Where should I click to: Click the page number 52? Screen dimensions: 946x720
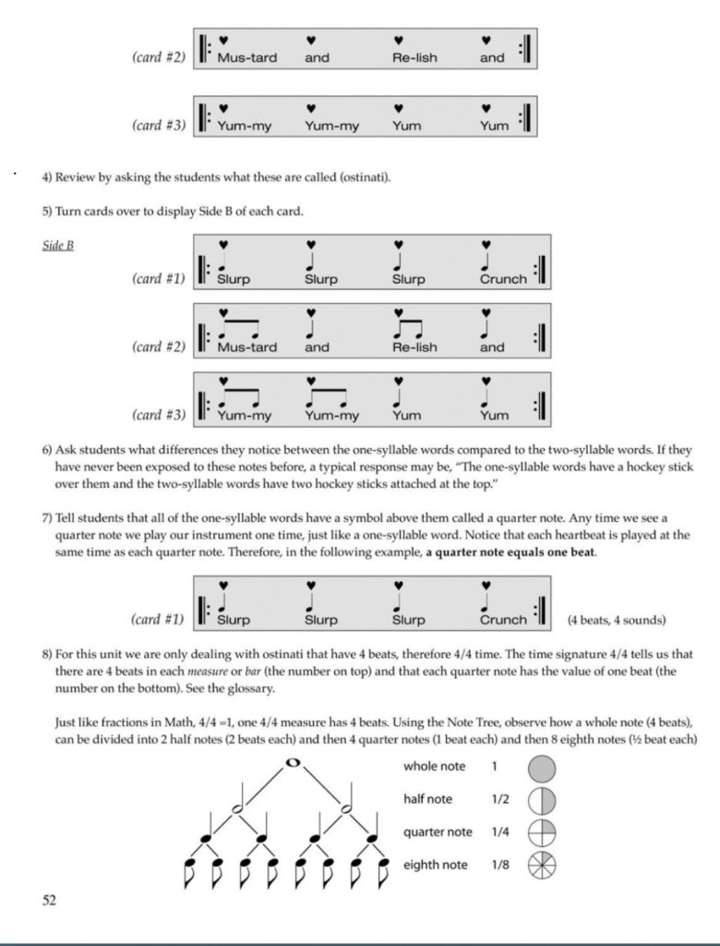48,900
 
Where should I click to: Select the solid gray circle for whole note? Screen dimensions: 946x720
542,767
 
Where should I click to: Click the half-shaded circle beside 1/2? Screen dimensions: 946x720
542,800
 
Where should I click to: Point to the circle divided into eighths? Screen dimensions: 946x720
542,866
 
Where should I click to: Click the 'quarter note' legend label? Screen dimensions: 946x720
438,832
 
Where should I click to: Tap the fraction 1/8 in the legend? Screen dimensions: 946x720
500,866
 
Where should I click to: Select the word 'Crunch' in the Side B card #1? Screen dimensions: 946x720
503,279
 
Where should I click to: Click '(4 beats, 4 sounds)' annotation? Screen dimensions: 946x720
617,620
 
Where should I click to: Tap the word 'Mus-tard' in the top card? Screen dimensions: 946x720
246,57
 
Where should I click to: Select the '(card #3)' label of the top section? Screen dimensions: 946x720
158,126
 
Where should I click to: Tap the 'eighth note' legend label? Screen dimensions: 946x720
435,866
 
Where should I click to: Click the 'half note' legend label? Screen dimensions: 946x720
427,799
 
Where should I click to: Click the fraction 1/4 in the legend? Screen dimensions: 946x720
500,832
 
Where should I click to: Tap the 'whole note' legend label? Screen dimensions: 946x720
434,767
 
